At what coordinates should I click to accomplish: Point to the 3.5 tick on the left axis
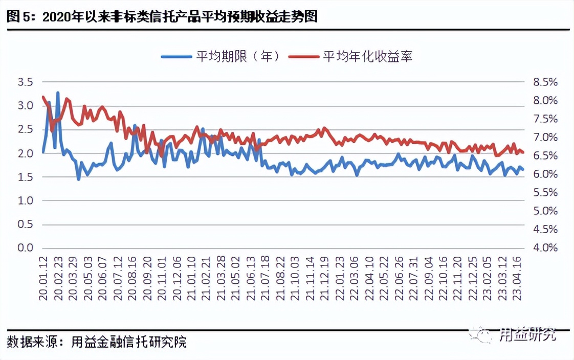coord(25,82)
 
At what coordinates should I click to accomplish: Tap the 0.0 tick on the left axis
coord(25,248)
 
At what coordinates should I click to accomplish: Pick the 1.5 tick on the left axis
coord(25,177)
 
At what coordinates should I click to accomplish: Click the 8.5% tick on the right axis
coord(545,82)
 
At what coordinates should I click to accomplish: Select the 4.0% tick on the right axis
coord(545,248)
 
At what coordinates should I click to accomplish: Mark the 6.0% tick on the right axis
coord(545,174)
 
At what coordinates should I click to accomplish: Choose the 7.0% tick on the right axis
coord(545,137)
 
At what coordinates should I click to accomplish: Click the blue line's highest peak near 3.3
coord(58,93)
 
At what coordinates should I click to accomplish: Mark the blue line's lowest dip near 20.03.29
coord(78,179)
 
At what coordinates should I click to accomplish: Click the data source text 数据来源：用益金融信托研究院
coord(97,342)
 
